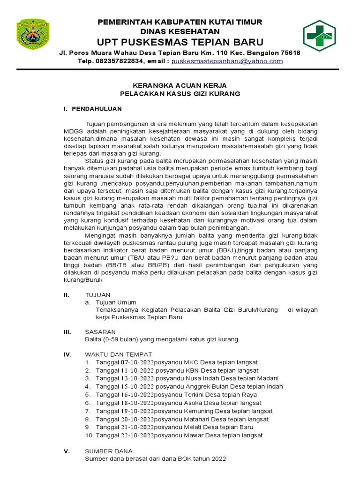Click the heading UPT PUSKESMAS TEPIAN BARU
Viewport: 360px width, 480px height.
coord(180,42)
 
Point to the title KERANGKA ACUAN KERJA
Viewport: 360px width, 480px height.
coord(180,85)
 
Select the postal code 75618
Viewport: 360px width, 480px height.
coord(290,53)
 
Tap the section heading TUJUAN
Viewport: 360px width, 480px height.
coord(97,295)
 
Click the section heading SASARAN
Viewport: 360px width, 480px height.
coord(100,331)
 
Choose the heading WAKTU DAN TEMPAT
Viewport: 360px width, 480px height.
coord(118,354)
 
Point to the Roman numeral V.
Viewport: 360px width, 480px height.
coord(67,451)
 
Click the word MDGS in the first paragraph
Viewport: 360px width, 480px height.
coord(73,131)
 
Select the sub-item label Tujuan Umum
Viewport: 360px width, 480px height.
coord(116,303)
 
